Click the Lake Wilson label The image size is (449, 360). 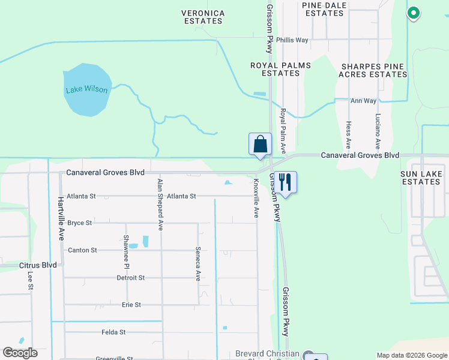point(88,90)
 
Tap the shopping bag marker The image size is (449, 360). point(260,145)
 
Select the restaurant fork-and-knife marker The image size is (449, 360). point(285,183)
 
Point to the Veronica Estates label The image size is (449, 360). point(204,17)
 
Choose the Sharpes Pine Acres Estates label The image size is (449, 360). point(373,70)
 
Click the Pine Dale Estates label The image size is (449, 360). point(323,9)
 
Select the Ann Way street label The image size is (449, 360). point(363,101)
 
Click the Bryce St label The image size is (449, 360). point(80,223)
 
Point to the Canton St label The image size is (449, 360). point(82,250)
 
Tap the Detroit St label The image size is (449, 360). point(130,278)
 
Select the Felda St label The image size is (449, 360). point(113,332)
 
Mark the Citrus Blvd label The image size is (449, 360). point(38,265)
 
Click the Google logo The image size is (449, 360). point(20,353)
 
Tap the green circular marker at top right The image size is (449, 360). point(413,12)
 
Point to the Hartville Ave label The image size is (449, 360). point(61,219)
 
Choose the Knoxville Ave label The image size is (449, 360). point(256,197)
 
